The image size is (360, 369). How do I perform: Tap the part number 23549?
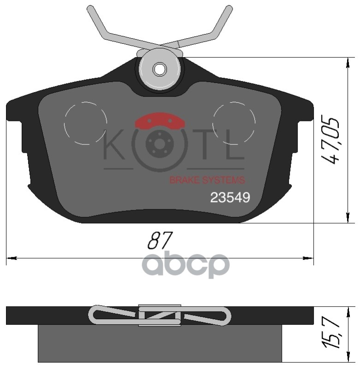point(230,197)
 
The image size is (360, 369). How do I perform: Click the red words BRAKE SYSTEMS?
point(207,180)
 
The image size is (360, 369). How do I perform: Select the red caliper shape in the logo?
point(160,122)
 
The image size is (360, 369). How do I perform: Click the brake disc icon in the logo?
point(160,144)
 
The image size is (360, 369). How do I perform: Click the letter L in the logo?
point(235,146)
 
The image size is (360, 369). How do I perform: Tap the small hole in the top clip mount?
point(160,69)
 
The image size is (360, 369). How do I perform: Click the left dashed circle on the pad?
point(86,123)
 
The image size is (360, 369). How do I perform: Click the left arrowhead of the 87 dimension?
point(10,257)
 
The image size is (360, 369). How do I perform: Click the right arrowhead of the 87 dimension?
point(309,257)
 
